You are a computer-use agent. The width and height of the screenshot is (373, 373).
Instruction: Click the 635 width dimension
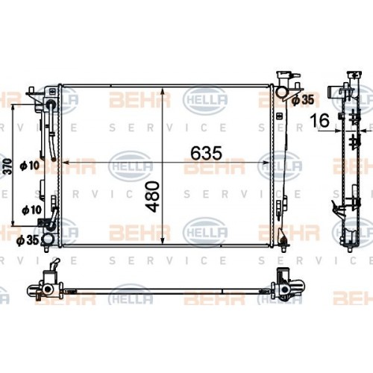coord(206,153)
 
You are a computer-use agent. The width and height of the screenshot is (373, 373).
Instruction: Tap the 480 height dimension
coord(154,195)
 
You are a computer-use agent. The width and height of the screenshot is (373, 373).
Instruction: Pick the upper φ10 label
coord(31,165)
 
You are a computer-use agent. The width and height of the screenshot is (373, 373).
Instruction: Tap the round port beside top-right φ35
coord(282,93)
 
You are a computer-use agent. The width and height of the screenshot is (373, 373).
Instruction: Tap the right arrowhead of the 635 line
coord(271,161)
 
